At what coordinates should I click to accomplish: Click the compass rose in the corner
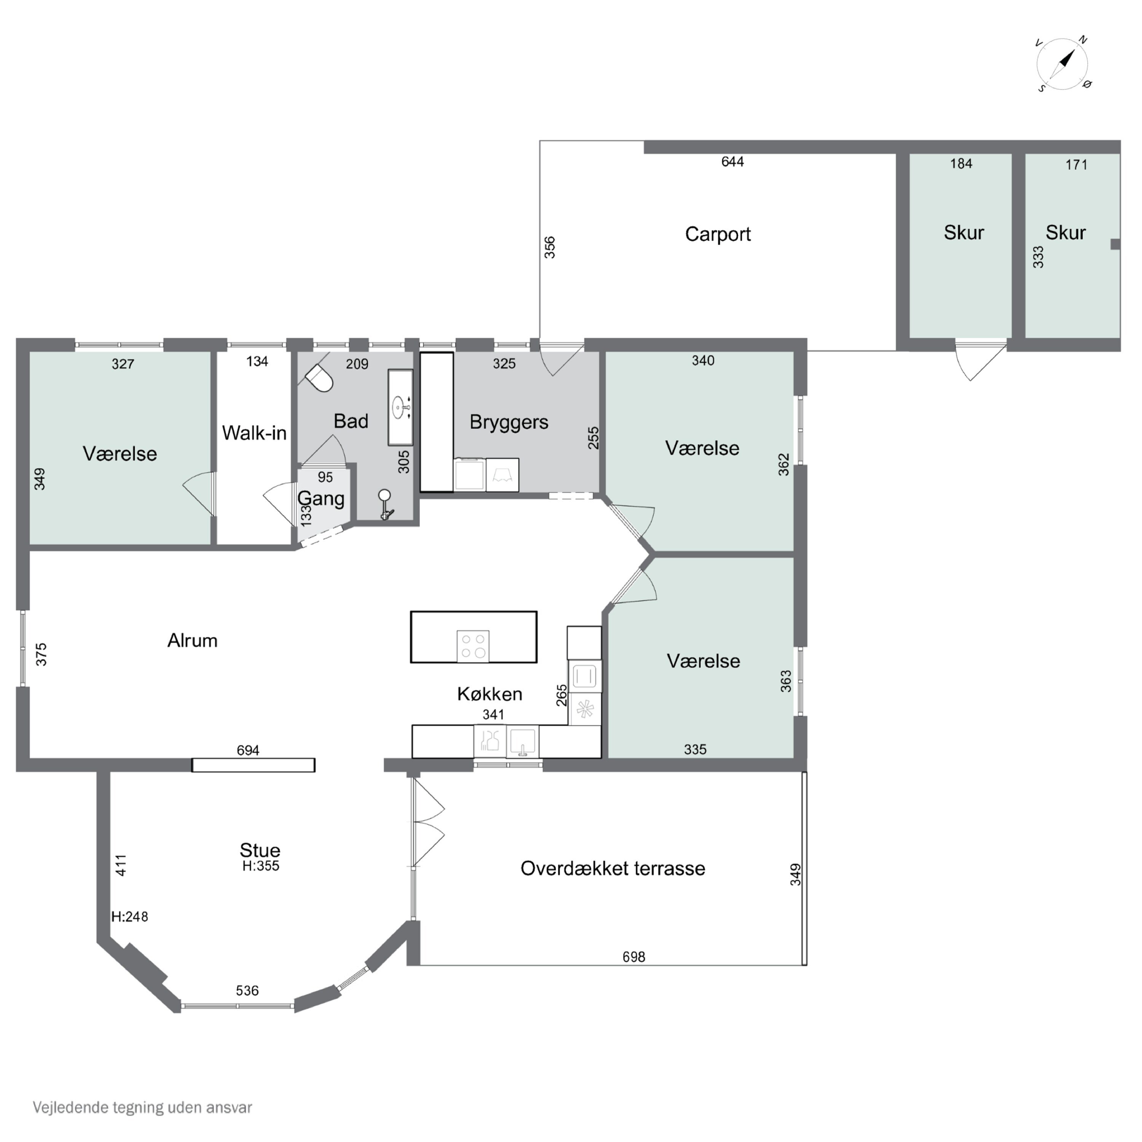(x=1063, y=64)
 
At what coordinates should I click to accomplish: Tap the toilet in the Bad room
(x=319, y=377)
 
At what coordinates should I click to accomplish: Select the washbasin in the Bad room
(x=400, y=407)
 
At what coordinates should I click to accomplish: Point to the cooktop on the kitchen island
(x=473, y=646)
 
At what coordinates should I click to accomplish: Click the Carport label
(x=718, y=234)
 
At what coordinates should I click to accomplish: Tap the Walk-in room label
(x=254, y=433)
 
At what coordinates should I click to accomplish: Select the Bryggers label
(x=509, y=422)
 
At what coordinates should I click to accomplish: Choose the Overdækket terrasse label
(x=613, y=868)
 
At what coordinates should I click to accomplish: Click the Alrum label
(x=192, y=640)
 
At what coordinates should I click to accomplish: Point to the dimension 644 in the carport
(x=732, y=161)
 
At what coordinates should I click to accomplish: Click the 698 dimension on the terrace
(x=634, y=956)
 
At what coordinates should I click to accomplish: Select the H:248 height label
(x=129, y=917)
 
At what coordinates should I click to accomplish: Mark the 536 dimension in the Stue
(x=247, y=990)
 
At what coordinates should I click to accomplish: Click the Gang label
(x=321, y=498)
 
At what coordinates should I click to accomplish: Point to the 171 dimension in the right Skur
(x=1077, y=164)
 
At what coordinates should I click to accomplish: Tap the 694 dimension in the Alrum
(x=248, y=750)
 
